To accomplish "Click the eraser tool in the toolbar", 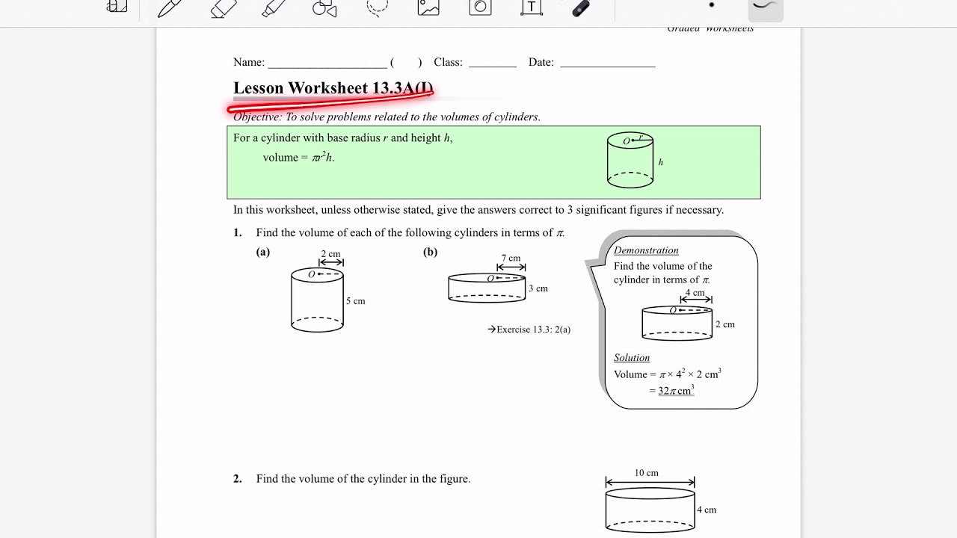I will [x=223, y=8].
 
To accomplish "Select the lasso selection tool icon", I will [x=378, y=7].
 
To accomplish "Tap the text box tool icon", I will [x=531, y=7].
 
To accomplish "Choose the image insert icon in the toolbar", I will [x=428, y=7].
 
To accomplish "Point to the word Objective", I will [x=257, y=117].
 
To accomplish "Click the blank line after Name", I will [x=327, y=63].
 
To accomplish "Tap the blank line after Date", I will [x=607, y=63].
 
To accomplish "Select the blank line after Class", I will [x=493, y=63].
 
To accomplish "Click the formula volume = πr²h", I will [x=298, y=158].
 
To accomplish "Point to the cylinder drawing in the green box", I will [x=630, y=160].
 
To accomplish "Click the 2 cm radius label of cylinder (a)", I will [x=330, y=254].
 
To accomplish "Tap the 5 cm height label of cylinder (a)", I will [x=355, y=301].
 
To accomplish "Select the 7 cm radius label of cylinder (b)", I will [x=511, y=259].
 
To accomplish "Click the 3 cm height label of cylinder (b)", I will [x=538, y=288].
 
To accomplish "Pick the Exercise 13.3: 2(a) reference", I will [x=529, y=330].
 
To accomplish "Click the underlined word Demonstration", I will [x=646, y=250].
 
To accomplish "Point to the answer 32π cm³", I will [x=676, y=391].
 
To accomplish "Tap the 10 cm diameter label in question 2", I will [x=647, y=473].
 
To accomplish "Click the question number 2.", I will [x=237, y=479].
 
